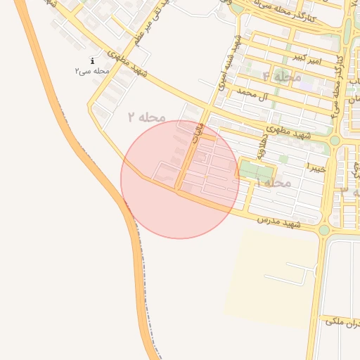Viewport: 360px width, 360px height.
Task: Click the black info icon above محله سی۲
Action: tap(92, 62)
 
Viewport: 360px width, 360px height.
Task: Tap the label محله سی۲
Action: tap(92, 72)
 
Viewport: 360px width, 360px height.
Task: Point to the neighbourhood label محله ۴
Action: tap(282, 77)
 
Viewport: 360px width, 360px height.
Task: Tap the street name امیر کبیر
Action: tap(309, 58)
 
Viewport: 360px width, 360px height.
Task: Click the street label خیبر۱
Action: tap(316, 167)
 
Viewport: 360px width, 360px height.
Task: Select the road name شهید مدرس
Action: tap(278, 222)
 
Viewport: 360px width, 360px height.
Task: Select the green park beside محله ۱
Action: tap(256, 171)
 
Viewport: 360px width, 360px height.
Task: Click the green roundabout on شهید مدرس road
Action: tap(324, 229)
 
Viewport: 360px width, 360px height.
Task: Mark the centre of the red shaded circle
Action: tap(180, 179)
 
